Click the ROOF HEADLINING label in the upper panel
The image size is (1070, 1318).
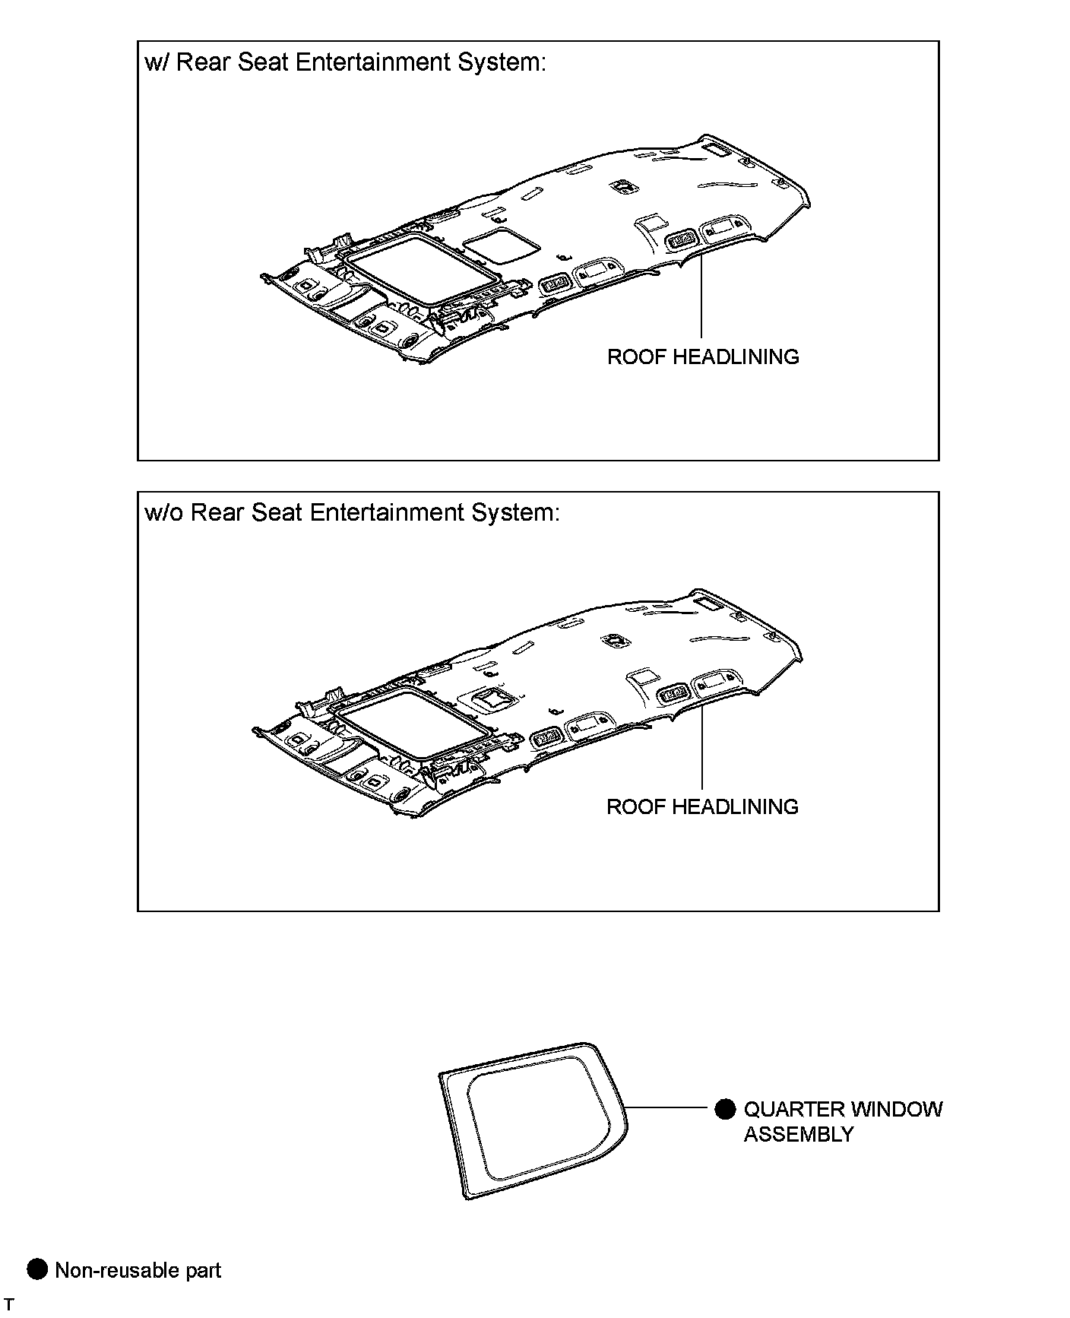(703, 356)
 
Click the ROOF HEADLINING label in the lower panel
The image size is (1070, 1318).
(702, 806)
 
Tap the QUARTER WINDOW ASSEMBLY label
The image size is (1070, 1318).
(842, 1121)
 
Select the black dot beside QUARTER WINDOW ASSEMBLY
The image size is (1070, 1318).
(726, 1109)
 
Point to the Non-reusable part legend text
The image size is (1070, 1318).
(138, 1270)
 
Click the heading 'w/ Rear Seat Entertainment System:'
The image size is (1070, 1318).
(345, 62)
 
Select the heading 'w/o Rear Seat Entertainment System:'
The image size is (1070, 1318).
(352, 512)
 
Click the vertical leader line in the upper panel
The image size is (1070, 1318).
(701, 296)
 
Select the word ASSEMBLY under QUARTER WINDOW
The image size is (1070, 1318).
(798, 1134)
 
